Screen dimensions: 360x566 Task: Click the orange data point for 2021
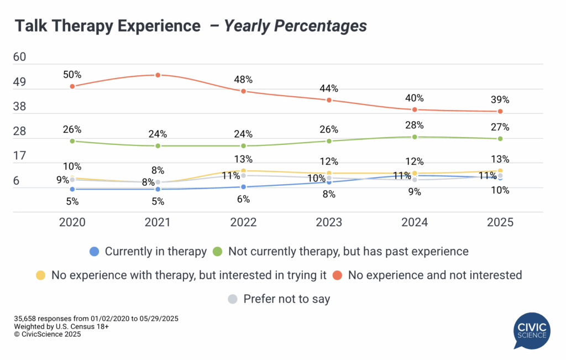coord(158,75)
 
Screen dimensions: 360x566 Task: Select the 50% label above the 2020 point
coord(72,75)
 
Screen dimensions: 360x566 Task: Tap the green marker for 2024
coord(415,137)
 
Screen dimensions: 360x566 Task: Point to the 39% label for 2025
coord(500,100)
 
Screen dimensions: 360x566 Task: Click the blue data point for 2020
coord(72,189)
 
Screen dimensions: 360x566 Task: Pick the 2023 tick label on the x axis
coord(329,222)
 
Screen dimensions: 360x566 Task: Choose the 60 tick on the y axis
coord(24,58)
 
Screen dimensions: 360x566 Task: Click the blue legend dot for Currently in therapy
coord(95,251)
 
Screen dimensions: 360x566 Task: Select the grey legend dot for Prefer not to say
coord(233,299)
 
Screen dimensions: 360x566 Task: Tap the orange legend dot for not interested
coord(338,274)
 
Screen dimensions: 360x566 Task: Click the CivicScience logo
coord(531,331)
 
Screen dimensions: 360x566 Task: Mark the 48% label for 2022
coord(243,79)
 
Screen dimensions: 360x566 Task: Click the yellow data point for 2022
coord(244,171)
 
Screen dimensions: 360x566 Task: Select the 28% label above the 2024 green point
coord(414,125)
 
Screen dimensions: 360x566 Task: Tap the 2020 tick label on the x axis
coord(72,222)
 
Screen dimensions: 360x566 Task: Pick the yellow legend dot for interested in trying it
coord(40,274)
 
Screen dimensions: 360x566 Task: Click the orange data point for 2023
coord(329,100)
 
